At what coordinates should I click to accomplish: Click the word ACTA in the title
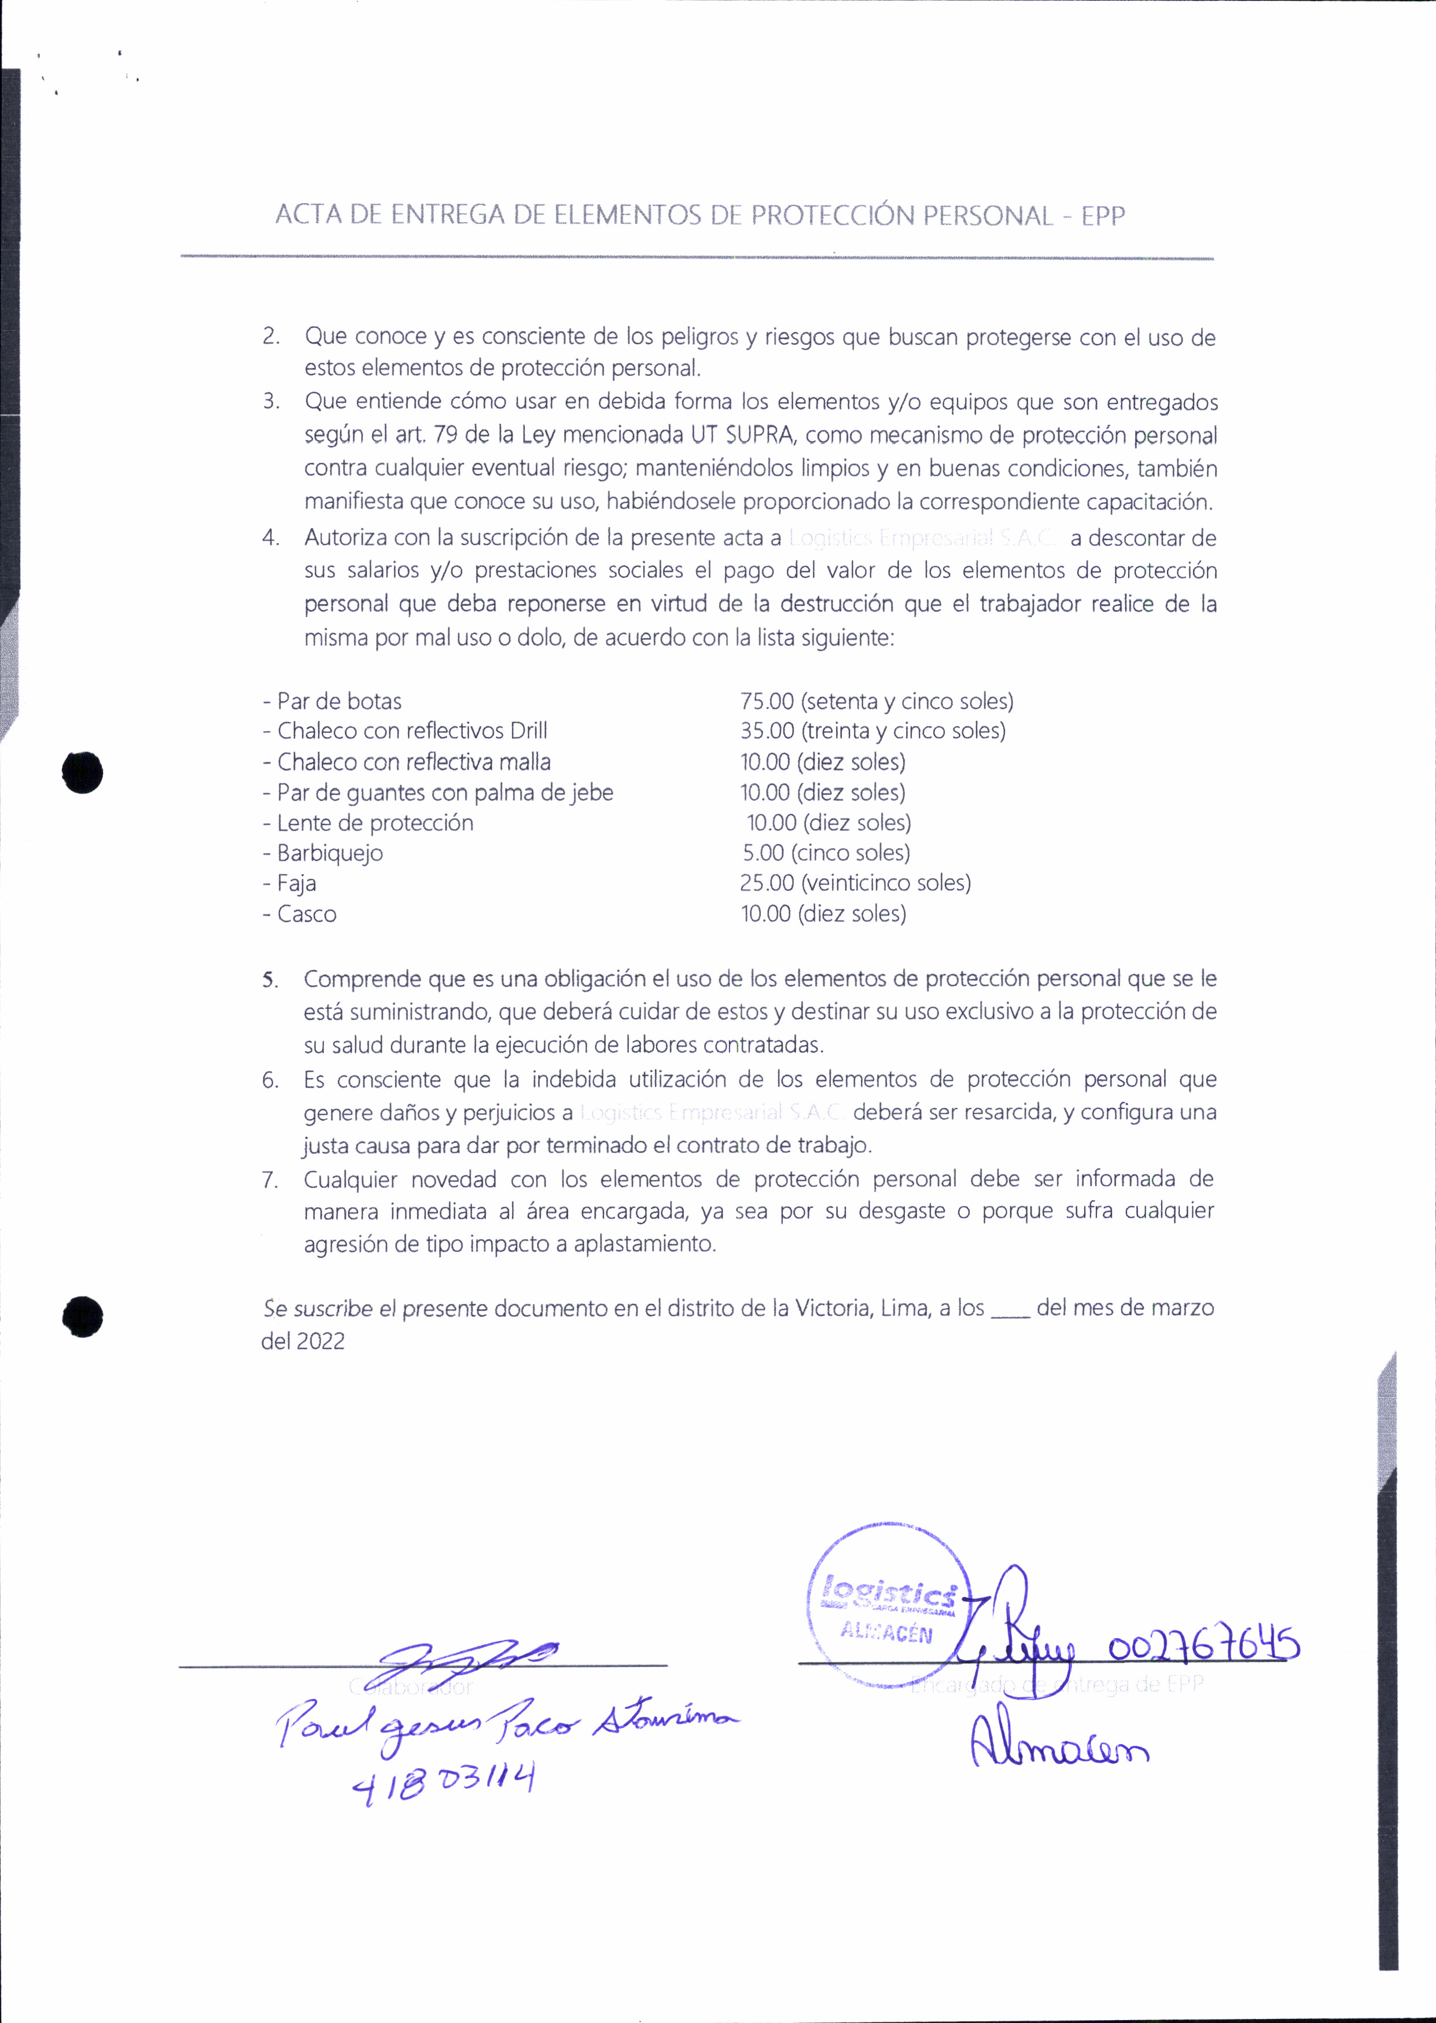308,215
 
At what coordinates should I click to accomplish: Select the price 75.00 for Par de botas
767,701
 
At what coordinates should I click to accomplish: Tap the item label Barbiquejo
330,853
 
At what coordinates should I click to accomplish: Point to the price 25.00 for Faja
767,882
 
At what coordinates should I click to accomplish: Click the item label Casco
307,913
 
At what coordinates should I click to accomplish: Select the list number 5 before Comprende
270,979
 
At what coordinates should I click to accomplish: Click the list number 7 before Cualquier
270,1180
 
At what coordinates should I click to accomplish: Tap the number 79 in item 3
447,435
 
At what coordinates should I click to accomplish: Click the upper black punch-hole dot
82,773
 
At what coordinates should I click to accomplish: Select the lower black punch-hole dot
82,1317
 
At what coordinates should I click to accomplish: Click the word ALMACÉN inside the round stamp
886,1632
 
